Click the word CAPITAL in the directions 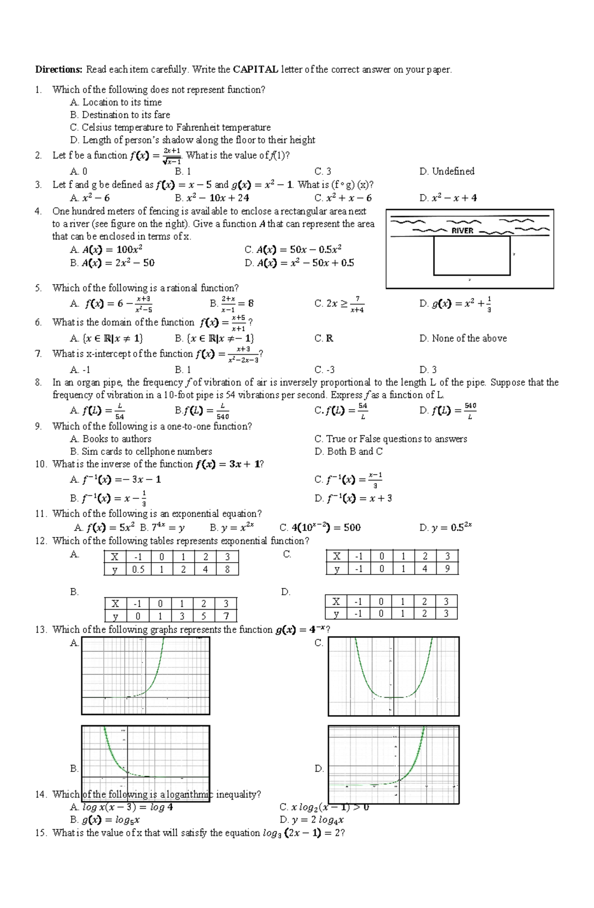[255, 69]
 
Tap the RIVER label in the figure [462, 231]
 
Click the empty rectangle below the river [471, 256]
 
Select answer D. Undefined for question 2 [446, 171]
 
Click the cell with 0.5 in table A [138, 569]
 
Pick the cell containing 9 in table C [447, 569]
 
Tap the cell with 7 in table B [226, 616]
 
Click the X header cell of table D [336, 601]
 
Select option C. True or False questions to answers [391, 439]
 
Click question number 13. [40, 629]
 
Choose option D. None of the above [463, 338]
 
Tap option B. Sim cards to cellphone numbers [141, 451]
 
